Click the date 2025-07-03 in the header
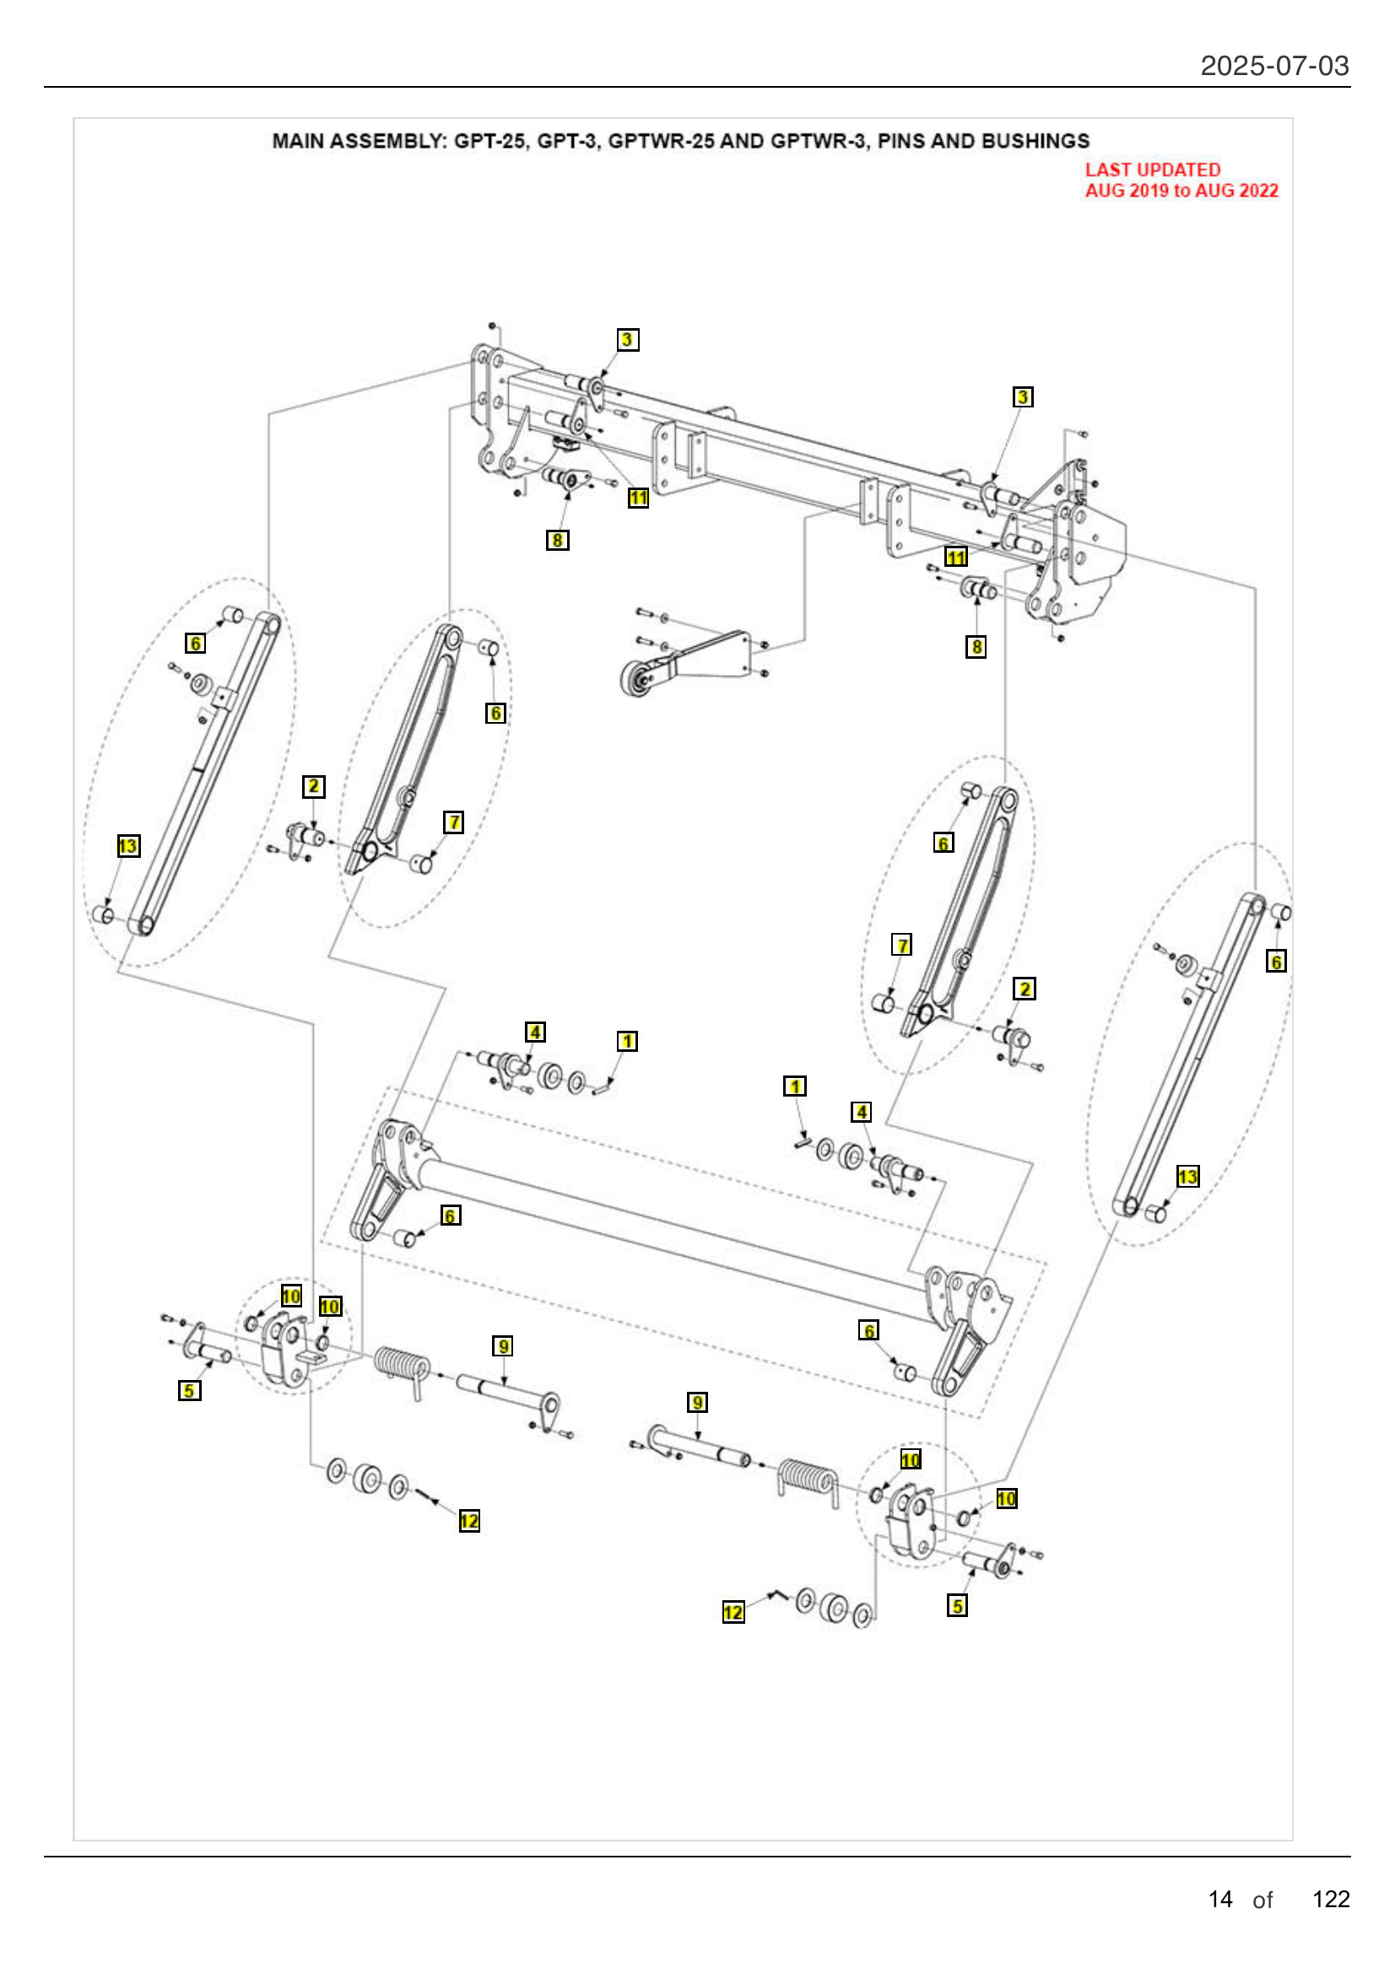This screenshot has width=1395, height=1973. coord(1273,66)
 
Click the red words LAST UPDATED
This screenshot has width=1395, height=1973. coord(1152,170)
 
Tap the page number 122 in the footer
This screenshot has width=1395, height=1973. coord(1331,1898)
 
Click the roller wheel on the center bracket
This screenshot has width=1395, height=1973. coord(636,678)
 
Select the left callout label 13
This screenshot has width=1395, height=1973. coord(127,846)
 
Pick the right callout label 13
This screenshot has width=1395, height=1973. coord(1187,1177)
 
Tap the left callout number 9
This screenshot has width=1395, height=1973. coord(503,1345)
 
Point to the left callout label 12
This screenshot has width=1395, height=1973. coord(469,1521)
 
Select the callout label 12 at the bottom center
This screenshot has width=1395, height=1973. coord(733,1612)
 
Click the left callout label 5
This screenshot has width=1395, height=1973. coord(189,1390)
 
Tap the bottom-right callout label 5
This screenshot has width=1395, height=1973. coord(958,1605)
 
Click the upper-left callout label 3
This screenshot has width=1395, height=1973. coord(627,339)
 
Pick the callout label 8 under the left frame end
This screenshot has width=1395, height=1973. coord(557,540)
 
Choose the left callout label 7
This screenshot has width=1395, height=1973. coord(454,822)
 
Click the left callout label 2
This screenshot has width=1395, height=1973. coord(314,786)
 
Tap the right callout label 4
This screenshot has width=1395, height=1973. coord(862,1112)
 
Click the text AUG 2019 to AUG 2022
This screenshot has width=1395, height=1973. coord(1181,191)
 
